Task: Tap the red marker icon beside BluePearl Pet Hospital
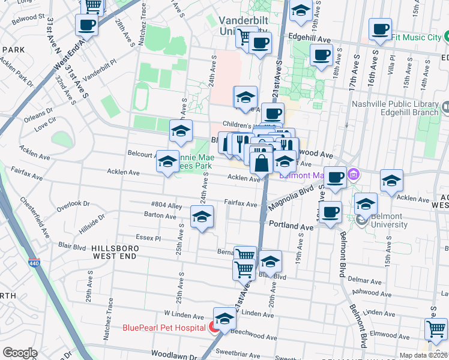213,328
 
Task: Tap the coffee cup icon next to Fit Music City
380,29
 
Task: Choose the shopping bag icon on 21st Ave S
262,163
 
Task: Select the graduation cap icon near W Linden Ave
224,319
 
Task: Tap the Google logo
20,353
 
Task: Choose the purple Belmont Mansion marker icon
354,175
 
